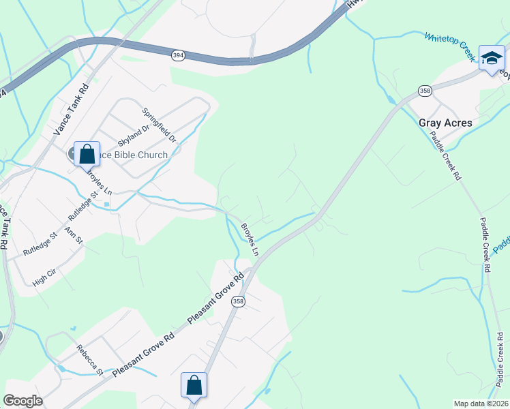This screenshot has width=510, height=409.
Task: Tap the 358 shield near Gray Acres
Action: click(425, 91)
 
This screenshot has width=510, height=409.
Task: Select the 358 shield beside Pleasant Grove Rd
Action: click(237, 301)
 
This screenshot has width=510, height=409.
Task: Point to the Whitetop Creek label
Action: click(449, 45)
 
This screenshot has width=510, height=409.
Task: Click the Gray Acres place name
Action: click(445, 123)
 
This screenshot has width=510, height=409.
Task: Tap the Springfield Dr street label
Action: click(159, 125)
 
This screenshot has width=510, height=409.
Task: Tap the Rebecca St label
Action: click(89, 359)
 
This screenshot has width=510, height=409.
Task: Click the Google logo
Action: click(22, 401)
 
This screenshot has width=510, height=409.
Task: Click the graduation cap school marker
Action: click(491, 58)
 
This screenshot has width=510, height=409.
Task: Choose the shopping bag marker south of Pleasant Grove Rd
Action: click(194, 384)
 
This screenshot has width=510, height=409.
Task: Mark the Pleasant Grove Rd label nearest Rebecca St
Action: click(144, 354)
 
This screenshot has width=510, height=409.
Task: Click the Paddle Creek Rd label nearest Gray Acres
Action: click(447, 155)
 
